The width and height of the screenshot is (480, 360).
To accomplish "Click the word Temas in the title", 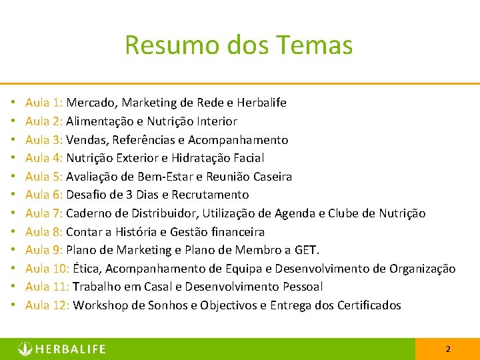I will click(317, 45).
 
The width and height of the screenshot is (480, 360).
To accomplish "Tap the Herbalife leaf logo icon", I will click(25, 349).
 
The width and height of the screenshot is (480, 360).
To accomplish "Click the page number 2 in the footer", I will click(448, 349).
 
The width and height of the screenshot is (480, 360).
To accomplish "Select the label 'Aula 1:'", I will click(44, 103).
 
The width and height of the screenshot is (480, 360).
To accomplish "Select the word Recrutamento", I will click(210, 195).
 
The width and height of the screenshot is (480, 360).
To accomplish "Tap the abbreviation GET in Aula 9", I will click(307, 250).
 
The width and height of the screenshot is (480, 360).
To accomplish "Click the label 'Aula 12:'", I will click(47, 305).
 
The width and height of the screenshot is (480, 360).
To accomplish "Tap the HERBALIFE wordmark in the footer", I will click(70, 349).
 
